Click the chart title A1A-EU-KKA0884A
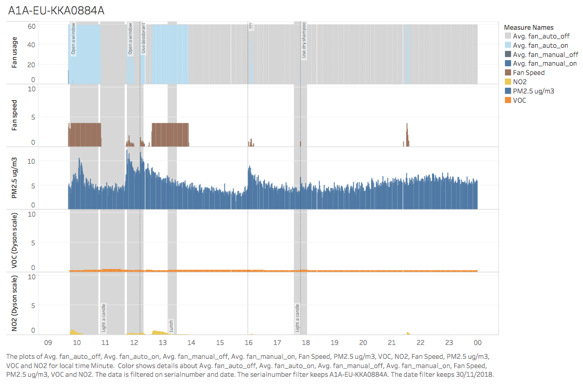57,10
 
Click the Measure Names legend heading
529,27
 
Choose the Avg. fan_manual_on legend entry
544,64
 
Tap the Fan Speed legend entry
529,73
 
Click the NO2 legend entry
520,82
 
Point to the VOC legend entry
520,100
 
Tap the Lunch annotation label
171,325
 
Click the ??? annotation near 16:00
251,26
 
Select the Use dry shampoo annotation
304,40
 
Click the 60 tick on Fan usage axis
31,26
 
